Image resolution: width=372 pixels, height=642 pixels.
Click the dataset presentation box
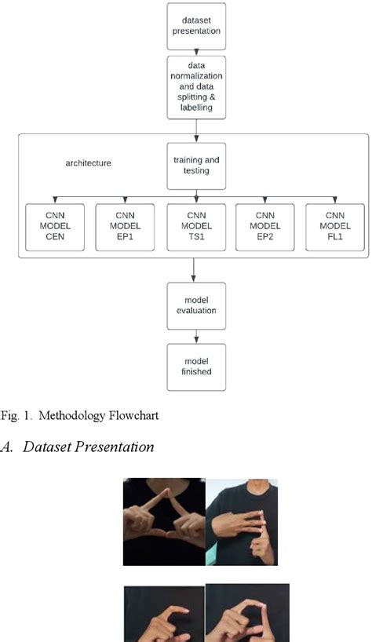point(195,26)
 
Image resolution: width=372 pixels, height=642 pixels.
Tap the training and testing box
point(195,165)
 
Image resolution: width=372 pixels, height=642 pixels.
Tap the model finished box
point(195,367)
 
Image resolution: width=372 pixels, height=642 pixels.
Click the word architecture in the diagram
point(89,163)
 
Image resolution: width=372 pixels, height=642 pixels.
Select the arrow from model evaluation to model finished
point(195,335)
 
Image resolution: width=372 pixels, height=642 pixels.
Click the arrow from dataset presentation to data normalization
point(195,50)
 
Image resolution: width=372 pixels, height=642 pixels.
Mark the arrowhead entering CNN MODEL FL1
point(335,201)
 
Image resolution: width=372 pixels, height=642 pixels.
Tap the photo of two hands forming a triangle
point(163,522)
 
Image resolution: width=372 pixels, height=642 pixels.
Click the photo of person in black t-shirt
point(241,522)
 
